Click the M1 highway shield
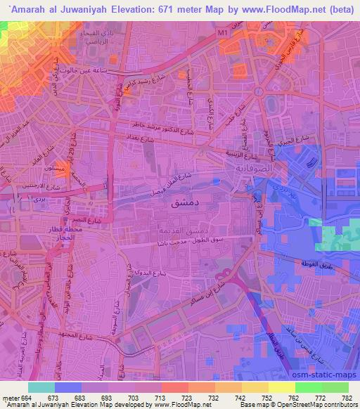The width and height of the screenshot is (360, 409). click(224, 32)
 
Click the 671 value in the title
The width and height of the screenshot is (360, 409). click(165, 8)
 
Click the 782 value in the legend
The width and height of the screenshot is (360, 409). click(346, 398)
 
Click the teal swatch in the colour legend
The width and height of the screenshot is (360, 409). click(41, 387)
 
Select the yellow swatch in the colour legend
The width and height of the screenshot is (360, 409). click(281, 387)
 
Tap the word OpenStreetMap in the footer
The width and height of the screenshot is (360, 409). click(309, 405)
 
